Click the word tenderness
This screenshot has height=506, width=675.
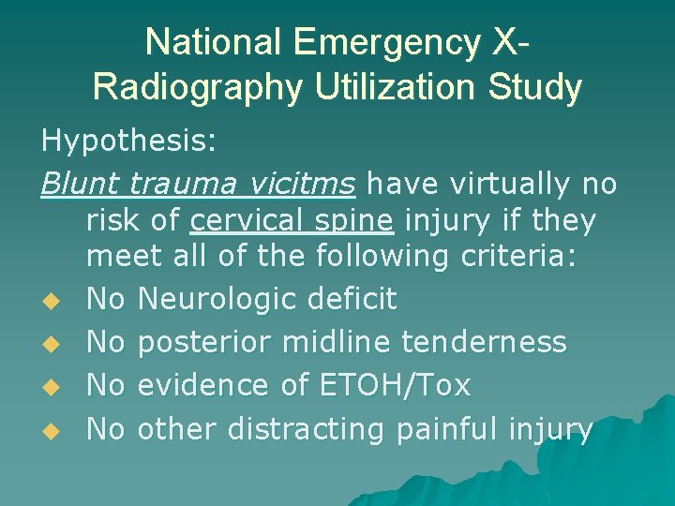pyautogui.click(x=484, y=343)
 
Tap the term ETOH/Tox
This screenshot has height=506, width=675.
pyautogui.click(x=393, y=385)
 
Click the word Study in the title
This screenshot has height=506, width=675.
pyautogui.click(x=541, y=87)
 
